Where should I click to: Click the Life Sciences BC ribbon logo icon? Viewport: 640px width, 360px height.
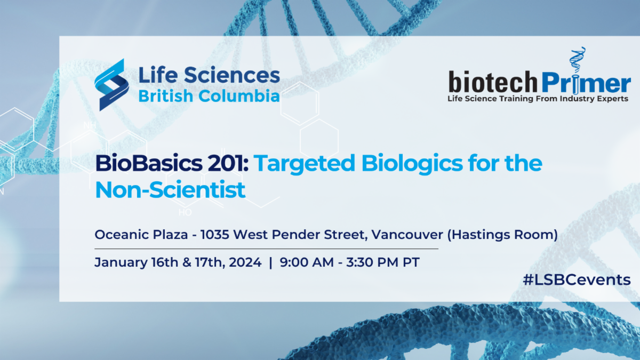(x=111, y=85)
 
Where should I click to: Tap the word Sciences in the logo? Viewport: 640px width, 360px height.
(x=231, y=75)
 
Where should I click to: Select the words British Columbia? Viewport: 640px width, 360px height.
(x=209, y=95)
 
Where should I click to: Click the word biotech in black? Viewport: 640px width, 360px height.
(x=493, y=82)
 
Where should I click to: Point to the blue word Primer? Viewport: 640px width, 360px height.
(x=586, y=83)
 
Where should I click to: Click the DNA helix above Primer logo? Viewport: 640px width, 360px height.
(x=577, y=59)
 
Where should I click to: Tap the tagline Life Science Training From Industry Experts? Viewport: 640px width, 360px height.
(x=538, y=99)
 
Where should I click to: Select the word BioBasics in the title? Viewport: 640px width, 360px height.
(x=149, y=163)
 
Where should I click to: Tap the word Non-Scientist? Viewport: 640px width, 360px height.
(x=170, y=190)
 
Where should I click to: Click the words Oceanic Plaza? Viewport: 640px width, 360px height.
(x=141, y=235)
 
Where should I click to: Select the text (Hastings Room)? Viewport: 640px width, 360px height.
(x=502, y=235)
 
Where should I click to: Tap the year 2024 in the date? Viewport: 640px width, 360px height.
(x=245, y=262)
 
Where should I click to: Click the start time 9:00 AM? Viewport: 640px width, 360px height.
(x=307, y=262)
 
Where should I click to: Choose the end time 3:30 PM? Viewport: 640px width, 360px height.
(x=372, y=262)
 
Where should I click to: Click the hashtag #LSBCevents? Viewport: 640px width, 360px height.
(x=577, y=279)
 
